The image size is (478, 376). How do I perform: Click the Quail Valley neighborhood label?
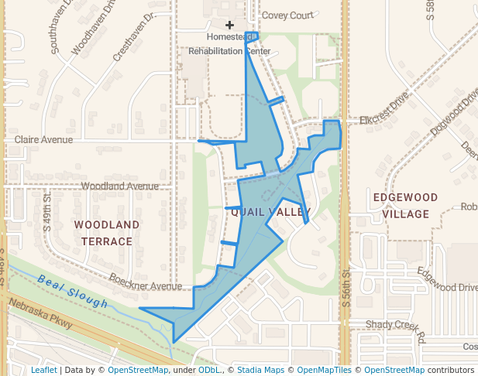tap(270, 211)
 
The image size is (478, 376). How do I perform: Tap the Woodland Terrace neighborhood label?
tap(107, 233)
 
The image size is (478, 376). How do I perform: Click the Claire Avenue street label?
tap(43, 140)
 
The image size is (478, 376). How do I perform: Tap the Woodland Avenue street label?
tap(119, 186)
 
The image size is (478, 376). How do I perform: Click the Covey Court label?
tap(287, 15)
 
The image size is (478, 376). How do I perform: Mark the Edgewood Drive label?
tap(447, 280)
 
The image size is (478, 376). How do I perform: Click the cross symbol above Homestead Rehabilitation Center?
tap(229, 26)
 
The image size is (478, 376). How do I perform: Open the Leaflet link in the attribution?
tap(43, 370)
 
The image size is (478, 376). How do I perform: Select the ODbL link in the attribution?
tap(209, 370)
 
